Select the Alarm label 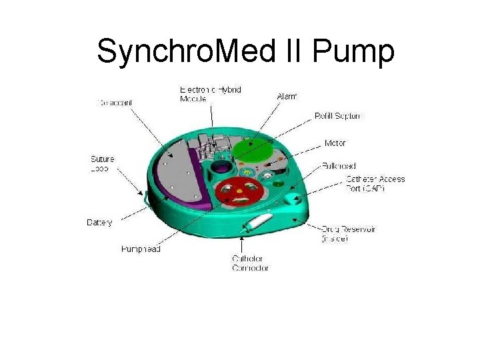click(287, 97)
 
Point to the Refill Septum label click(339, 116)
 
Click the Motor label click(335, 143)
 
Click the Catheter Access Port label click(375, 183)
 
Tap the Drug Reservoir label click(348, 233)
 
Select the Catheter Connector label click(247, 263)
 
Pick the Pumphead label click(141, 249)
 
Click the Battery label click(100, 222)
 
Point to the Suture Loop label click(102, 163)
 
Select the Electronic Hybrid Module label click(211, 94)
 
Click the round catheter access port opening click(291, 199)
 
